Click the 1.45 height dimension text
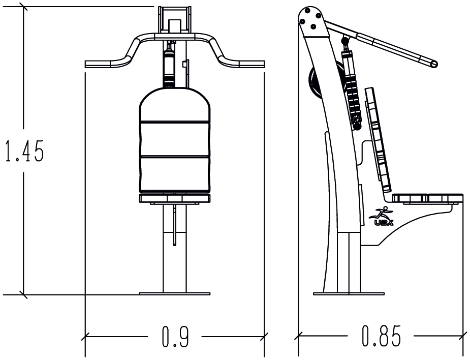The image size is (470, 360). pos(25,151)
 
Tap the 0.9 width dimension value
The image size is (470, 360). pos(175,337)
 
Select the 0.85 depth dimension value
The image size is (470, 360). pos(381,336)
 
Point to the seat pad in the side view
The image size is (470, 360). pos(427,198)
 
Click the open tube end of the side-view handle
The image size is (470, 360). pos(433,64)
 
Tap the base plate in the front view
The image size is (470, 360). pos(175,294)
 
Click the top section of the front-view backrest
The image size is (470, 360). pos(175,104)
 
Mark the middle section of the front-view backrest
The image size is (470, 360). pos(175,139)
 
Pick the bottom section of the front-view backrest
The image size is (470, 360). pos(175,174)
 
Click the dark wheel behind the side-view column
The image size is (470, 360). pos(315,83)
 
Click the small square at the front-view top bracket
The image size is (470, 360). pos(175,25)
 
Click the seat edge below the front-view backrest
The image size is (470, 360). pos(175,198)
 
